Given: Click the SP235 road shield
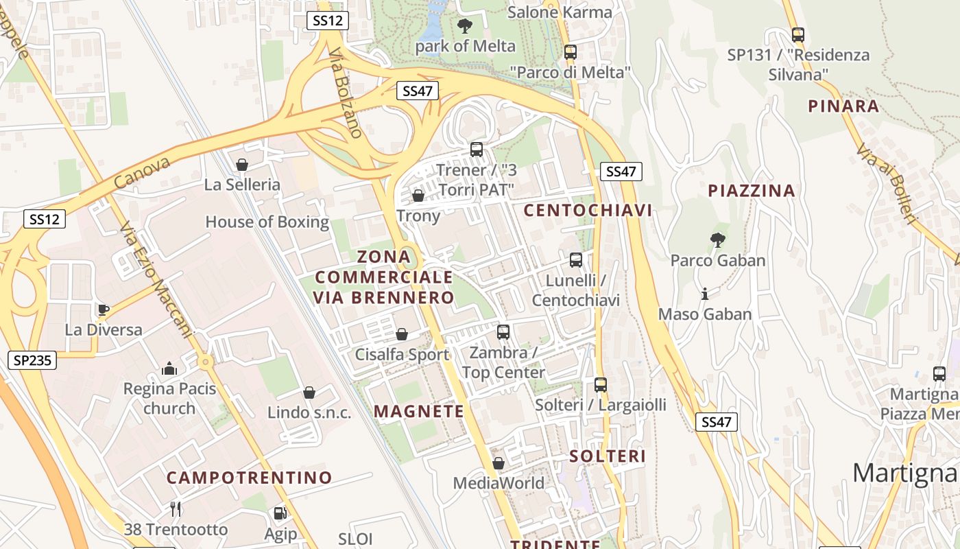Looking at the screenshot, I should [32, 360].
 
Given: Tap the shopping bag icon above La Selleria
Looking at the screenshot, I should [241, 165].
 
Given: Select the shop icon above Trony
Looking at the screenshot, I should [418, 196].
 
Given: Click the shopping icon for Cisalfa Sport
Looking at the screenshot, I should [402, 334].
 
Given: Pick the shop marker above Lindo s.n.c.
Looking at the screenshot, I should [309, 393].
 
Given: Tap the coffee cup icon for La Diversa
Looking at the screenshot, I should [103, 310].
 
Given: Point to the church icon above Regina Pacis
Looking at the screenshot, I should [169, 369].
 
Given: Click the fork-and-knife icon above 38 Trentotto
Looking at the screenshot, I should [176, 509].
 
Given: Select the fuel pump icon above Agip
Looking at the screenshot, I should [280, 513].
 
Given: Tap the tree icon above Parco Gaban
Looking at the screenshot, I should [717, 240].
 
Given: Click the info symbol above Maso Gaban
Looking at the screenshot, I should [704, 294].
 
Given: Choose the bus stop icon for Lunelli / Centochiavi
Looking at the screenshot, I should [576, 260].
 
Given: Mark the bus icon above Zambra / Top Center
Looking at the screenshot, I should [503, 332].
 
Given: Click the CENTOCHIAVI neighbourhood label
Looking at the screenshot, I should [588, 210].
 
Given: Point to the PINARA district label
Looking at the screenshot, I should [843, 106].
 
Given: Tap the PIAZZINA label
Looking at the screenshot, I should [752, 191].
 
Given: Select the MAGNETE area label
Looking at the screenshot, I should [419, 411].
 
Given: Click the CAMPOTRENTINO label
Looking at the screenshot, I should [250, 478].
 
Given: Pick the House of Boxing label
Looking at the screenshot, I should [267, 222].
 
